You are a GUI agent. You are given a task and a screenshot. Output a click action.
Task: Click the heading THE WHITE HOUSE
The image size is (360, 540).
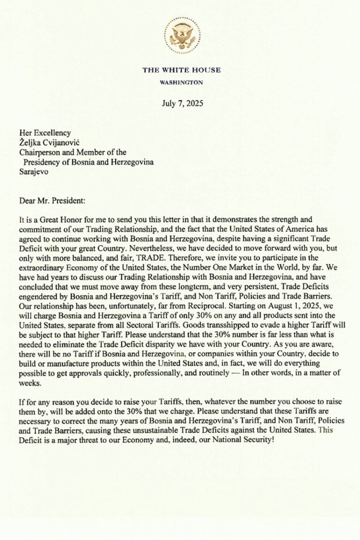click(x=181, y=70)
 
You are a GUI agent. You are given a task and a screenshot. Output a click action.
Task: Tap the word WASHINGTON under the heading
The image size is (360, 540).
click(x=181, y=83)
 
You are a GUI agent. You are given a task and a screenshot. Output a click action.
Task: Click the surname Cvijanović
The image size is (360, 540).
click(x=65, y=143)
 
